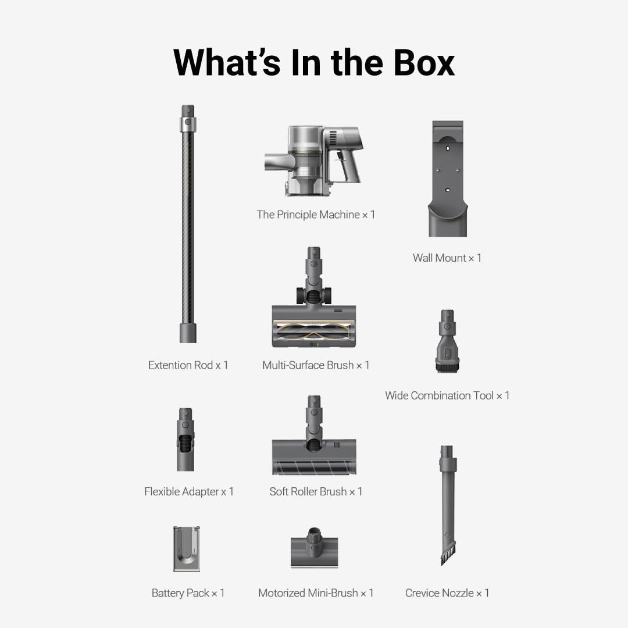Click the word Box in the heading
424,62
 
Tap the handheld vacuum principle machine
314,160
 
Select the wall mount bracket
448,179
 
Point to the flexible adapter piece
185,440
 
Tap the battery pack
187,549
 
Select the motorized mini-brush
315,548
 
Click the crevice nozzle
447,505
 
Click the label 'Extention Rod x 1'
188,365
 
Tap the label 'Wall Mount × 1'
447,258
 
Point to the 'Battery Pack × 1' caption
188,593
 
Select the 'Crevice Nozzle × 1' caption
447,593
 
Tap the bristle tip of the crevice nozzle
448,555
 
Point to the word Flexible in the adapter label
162,491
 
